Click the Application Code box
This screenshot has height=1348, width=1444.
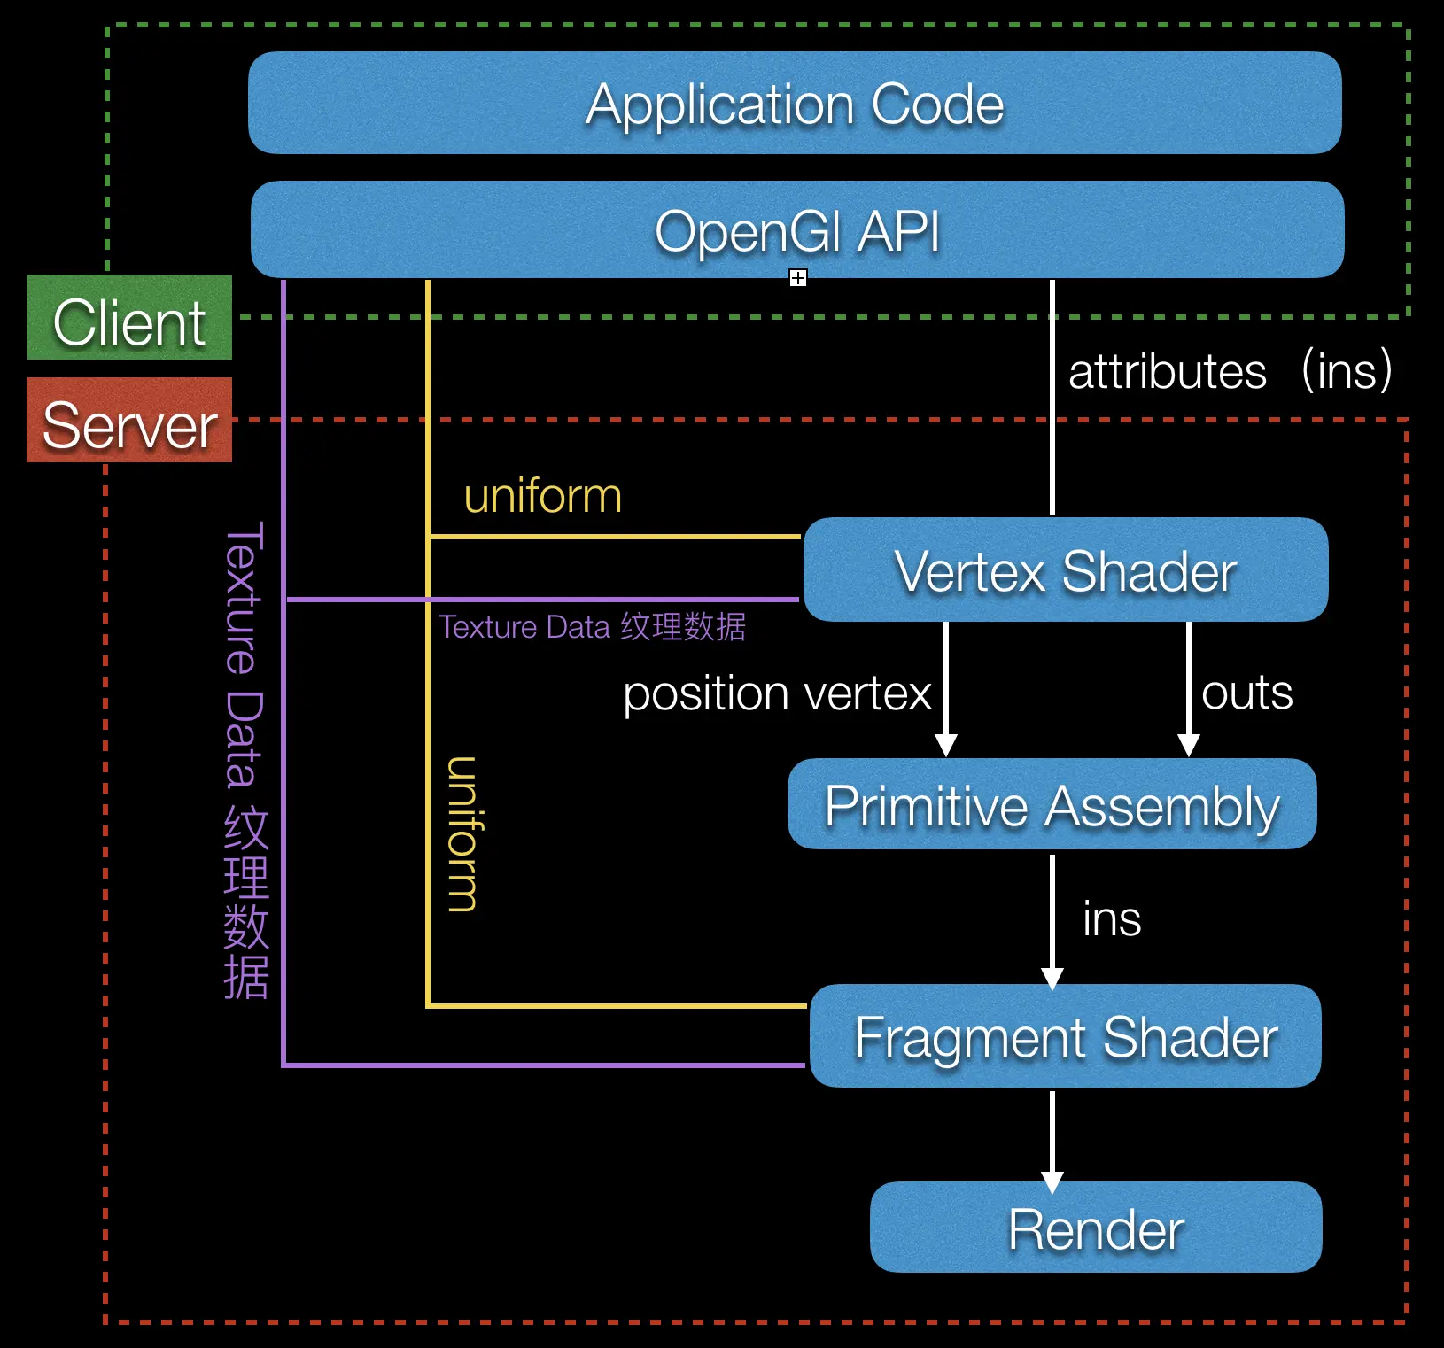click(795, 104)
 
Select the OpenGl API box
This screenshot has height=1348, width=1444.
click(797, 230)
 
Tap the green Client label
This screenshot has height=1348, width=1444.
click(129, 318)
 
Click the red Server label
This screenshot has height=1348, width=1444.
click(129, 421)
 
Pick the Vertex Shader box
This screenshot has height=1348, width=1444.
click(1065, 570)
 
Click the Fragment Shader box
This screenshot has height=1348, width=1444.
click(1065, 1036)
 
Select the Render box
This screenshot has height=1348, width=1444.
click(1096, 1228)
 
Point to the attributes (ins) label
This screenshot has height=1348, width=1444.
click(1230, 371)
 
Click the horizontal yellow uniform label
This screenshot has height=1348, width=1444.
click(542, 496)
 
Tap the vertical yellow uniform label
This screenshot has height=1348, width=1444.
click(462, 833)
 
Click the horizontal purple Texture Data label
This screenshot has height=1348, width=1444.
click(592, 627)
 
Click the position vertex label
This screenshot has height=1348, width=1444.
click(777, 693)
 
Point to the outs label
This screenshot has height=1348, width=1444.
click(1246, 693)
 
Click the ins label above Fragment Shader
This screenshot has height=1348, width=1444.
click(1112, 918)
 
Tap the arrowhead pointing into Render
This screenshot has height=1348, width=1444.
click(1052, 1181)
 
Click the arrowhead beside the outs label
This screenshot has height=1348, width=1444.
click(1189, 745)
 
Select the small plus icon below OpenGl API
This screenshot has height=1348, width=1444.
click(798, 278)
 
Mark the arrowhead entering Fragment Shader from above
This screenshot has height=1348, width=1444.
click(1052, 979)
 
